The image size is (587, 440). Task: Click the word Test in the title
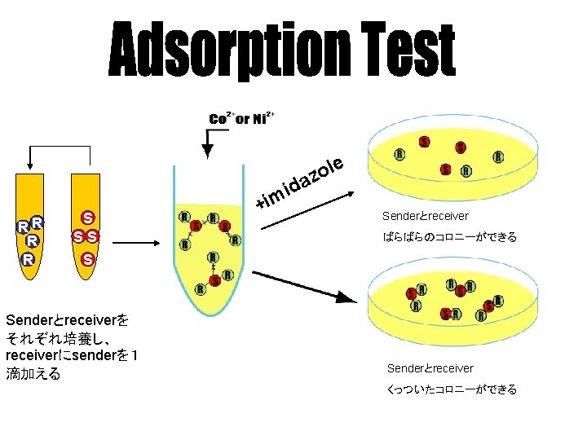[x=408, y=51]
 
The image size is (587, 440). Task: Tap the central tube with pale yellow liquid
[x=209, y=244]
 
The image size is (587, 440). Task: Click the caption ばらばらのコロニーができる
[x=449, y=238]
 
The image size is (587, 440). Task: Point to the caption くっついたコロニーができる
[x=452, y=389]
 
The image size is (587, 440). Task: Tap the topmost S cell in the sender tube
[x=86, y=218]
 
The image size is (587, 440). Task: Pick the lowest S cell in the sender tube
[x=86, y=260]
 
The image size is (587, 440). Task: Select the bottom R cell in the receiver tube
[x=27, y=260]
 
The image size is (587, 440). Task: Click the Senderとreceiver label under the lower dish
[x=430, y=368]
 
